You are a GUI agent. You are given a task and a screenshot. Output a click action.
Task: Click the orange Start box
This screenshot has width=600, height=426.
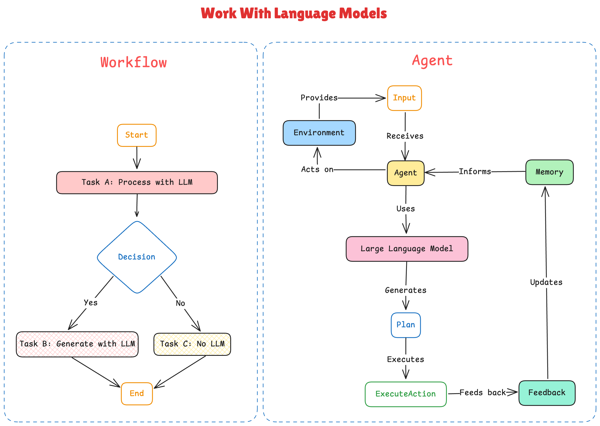[x=137, y=135]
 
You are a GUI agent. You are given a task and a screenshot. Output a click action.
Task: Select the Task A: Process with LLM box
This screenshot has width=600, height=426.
[x=137, y=182]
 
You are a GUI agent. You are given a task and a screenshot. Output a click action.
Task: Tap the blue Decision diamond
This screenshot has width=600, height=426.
[x=137, y=257]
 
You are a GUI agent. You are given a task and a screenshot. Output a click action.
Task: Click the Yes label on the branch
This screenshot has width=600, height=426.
[x=91, y=302]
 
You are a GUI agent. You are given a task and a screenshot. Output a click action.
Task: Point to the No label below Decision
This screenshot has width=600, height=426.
[x=180, y=303]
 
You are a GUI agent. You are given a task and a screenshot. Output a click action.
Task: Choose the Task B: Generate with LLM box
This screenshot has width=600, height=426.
[x=77, y=344]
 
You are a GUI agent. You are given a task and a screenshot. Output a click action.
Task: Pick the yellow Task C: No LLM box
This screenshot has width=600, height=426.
[x=192, y=344]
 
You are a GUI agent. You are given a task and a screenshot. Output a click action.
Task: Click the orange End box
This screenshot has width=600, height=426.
[x=137, y=393]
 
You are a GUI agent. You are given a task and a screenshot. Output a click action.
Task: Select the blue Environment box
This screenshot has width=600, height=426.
[x=319, y=133]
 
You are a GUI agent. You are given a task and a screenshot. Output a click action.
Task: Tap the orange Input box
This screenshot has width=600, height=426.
[x=404, y=98]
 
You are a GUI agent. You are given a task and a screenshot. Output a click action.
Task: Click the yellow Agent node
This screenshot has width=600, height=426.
[x=405, y=173]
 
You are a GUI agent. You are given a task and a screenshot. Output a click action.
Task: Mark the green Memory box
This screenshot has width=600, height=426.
[x=549, y=172]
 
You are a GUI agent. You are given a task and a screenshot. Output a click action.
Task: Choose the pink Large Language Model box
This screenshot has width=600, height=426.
[x=407, y=249]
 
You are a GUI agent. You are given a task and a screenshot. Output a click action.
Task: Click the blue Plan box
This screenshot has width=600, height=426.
[x=405, y=325]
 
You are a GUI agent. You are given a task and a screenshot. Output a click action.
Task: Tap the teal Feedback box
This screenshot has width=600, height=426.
[x=547, y=393]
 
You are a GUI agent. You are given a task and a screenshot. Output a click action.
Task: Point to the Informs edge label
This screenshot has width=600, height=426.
[x=475, y=171]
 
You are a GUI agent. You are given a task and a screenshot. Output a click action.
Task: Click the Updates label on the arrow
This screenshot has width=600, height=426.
[x=546, y=282]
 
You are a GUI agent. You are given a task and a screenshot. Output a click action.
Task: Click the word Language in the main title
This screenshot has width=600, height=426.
[x=305, y=13]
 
